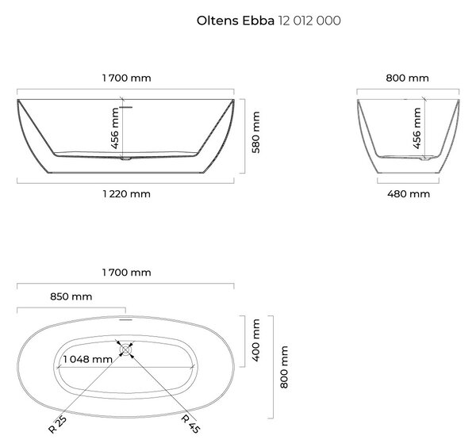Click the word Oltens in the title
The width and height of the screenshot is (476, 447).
tap(217, 21)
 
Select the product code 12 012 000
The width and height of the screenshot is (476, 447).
tap(309, 21)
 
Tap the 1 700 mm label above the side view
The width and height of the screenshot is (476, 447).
tap(127, 78)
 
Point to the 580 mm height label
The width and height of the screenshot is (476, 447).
tap(256, 132)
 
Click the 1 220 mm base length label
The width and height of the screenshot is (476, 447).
tap(127, 194)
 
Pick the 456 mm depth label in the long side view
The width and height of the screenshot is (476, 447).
tap(115, 128)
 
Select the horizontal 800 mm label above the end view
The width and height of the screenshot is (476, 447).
tap(408, 78)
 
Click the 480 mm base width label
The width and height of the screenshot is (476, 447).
tap(409, 194)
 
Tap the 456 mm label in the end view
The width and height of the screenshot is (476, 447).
tap(417, 128)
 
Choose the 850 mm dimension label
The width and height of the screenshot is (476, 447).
tap(71, 296)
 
